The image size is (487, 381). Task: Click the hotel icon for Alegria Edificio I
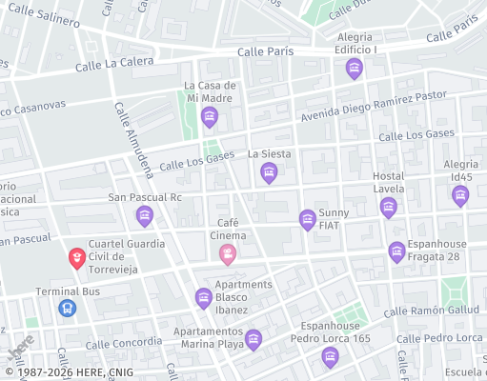355,68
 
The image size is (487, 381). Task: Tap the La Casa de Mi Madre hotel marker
210,117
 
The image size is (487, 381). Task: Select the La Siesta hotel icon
270,172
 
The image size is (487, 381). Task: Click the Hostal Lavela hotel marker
388,207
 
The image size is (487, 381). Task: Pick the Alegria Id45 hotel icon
460,195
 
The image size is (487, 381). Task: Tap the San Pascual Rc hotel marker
145,216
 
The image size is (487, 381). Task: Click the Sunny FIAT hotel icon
308,220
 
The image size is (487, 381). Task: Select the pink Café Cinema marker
228,253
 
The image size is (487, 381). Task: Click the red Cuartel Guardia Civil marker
76,257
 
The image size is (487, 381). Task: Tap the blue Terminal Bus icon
67,308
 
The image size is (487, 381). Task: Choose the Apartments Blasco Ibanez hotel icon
203,298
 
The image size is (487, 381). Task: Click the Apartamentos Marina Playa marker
254,338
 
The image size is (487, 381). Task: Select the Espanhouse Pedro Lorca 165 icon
330,357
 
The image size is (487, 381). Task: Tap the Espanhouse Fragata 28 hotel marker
397,251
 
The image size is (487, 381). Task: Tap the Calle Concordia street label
123,343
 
